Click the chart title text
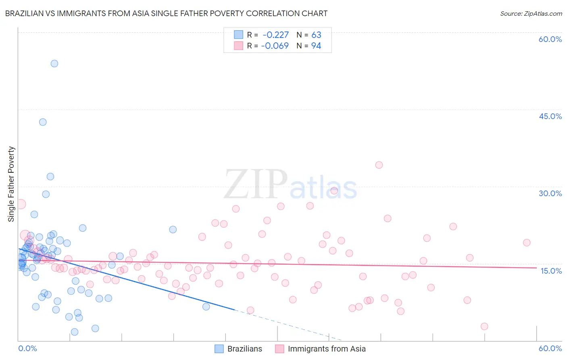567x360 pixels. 166,13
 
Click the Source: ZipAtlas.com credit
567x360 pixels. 531,13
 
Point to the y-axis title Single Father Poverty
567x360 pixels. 11,184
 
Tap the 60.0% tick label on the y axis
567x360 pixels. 550,39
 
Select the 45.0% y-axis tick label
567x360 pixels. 550,116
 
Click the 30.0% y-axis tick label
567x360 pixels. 550,193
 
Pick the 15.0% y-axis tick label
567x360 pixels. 551,271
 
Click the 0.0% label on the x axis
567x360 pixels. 27,348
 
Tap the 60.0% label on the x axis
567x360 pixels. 550,348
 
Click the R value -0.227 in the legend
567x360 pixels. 275,35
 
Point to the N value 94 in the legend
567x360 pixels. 316,46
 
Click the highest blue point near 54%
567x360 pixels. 54,63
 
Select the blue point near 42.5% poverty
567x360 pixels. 43,122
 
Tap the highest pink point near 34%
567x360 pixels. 379,165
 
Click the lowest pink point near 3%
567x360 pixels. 484,326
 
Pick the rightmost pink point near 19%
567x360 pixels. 527,243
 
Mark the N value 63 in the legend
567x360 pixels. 316,35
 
